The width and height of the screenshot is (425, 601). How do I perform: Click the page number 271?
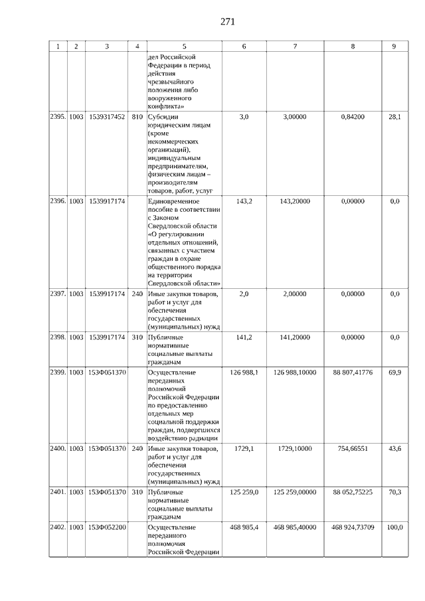pyautogui.click(x=227, y=22)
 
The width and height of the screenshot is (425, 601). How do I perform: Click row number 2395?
pyautogui.click(x=58, y=117)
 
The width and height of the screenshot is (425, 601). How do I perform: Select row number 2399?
pyautogui.click(x=58, y=373)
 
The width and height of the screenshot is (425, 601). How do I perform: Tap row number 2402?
pyautogui.click(x=58, y=527)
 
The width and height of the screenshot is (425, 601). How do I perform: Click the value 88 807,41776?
pyautogui.click(x=353, y=373)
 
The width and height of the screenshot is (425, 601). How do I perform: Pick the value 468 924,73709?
pyautogui.click(x=353, y=527)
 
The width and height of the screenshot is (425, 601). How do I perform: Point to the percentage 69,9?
pyautogui.click(x=394, y=373)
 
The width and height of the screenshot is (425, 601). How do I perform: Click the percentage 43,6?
pyautogui.click(x=394, y=450)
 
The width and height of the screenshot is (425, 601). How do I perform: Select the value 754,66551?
pyautogui.click(x=353, y=450)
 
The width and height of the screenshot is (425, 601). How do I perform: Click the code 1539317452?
pyautogui.click(x=107, y=117)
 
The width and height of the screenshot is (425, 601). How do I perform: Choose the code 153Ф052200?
pyautogui.click(x=107, y=527)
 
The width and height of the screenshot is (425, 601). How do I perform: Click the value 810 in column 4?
pyautogui.click(x=137, y=117)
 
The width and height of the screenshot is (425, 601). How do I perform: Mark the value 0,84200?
pyautogui.click(x=353, y=117)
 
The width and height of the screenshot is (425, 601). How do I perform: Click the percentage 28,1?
pyautogui.click(x=394, y=117)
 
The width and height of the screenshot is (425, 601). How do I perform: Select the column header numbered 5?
pyautogui.click(x=184, y=46)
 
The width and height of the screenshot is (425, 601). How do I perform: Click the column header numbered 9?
pyautogui.click(x=394, y=46)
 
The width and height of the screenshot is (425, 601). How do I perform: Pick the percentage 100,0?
pyautogui.click(x=394, y=527)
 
